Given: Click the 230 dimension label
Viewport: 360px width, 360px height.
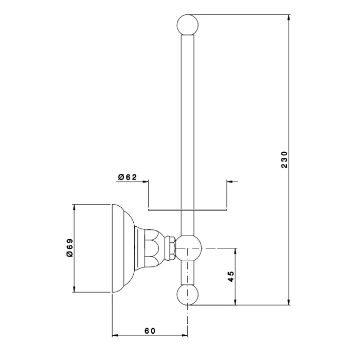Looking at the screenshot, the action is click(284, 159).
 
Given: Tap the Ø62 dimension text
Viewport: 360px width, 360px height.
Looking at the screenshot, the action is click(128, 177).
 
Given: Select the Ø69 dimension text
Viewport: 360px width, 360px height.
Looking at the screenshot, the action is click(70, 248).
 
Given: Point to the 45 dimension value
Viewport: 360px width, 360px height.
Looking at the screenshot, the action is click(231, 277).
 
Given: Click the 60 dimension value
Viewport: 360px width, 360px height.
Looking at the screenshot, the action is click(150, 331).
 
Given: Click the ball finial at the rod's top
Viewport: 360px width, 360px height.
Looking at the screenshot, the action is click(188, 25).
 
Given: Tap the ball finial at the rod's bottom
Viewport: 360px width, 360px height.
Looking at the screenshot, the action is click(188, 295).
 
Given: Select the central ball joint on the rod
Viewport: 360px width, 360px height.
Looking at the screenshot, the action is click(188, 248).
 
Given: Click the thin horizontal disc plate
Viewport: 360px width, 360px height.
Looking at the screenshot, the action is click(187, 210).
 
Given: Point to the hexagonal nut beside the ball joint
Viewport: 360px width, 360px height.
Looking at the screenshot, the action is click(171, 248).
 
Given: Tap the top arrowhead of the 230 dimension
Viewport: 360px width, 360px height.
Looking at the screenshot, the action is click(289, 17).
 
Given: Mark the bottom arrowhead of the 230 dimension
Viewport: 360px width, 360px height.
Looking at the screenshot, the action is click(289, 302).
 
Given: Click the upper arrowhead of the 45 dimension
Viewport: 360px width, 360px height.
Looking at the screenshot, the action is click(235, 251).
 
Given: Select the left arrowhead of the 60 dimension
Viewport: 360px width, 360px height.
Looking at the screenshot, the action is click(115, 335).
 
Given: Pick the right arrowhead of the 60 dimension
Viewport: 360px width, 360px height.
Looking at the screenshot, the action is click(184, 335).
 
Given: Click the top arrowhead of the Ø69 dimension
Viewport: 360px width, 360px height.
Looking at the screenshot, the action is click(74, 208).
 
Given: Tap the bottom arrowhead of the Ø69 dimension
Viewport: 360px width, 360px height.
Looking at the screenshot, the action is click(74, 289).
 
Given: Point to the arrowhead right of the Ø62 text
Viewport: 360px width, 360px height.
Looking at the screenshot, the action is click(146, 182).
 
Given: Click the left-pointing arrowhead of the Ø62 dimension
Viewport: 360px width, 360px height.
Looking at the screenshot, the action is click(230, 182).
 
